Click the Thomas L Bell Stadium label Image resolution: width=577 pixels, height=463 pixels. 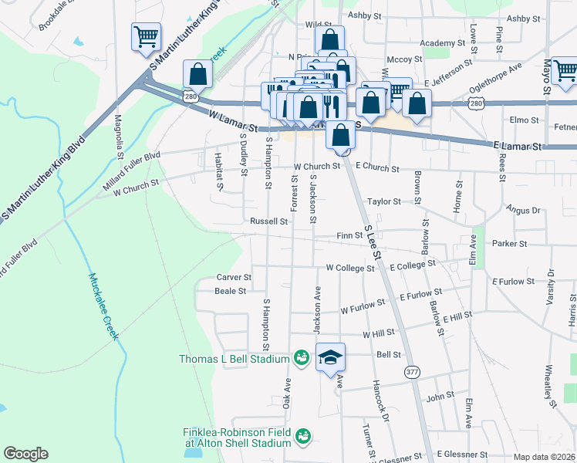tap(234, 359)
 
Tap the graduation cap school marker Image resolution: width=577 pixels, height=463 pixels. tap(330, 358)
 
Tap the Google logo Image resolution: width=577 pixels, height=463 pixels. tap(25, 454)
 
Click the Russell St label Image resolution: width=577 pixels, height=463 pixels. tap(268, 221)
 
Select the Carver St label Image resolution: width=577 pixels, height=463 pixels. tap(234, 276)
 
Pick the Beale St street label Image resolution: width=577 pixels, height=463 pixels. tap(230, 291)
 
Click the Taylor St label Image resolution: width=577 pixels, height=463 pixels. tap(384, 201)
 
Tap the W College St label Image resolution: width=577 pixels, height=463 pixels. tap(349, 269)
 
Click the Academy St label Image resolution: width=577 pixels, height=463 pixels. tap(439, 43)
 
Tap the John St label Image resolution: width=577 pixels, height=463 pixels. tap(440, 397)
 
